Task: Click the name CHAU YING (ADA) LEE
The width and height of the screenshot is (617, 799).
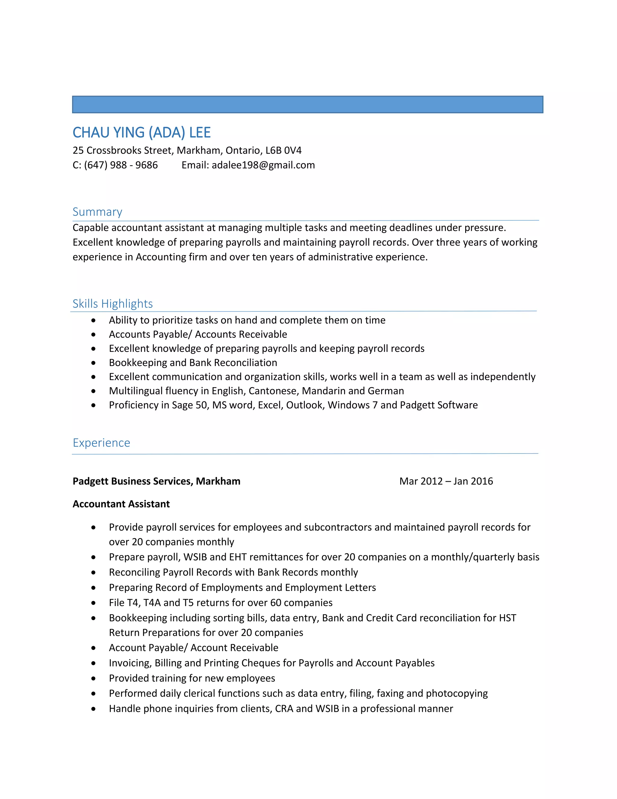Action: [x=142, y=132]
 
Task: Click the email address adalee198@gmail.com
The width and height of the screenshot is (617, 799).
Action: [x=263, y=165]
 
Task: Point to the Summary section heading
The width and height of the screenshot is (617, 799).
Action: [x=97, y=212]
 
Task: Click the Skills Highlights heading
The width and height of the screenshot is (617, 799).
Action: [x=113, y=304]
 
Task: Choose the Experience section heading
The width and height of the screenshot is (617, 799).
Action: [x=101, y=443]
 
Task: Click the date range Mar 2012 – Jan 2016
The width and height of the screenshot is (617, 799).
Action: [x=446, y=481]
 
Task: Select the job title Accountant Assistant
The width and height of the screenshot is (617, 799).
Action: [x=121, y=504]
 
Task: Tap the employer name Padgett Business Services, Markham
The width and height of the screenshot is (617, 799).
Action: [x=156, y=481]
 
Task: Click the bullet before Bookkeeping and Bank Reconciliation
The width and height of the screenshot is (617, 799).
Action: [x=94, y=363]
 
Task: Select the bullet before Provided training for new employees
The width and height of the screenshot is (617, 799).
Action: [x=94, y=678]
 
